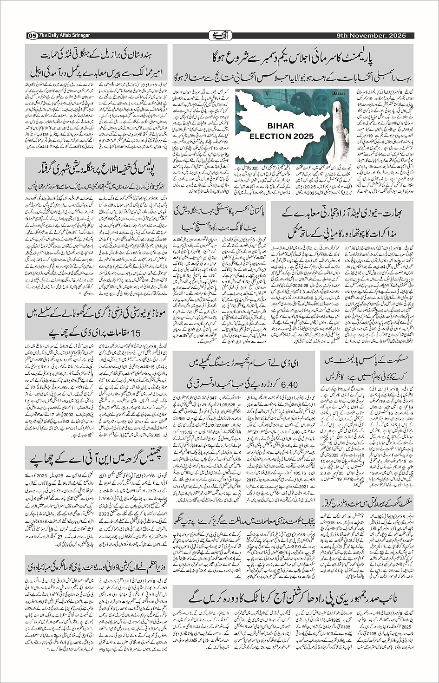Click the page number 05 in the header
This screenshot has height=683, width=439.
[x=32, y=36]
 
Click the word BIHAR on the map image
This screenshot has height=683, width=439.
[x=281, y=126]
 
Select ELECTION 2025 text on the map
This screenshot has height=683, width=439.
[x=282, y=136]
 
